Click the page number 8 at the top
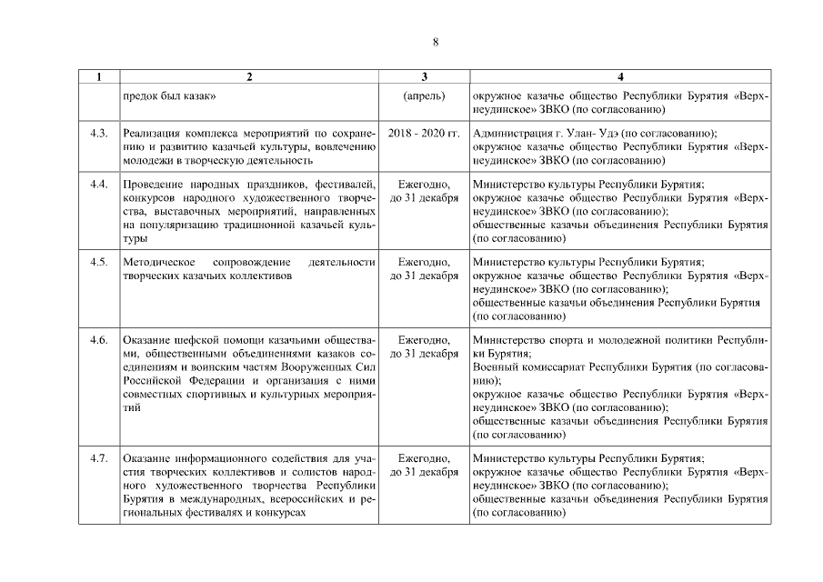435,42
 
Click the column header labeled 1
99,76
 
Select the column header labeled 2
250,76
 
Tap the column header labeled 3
424,76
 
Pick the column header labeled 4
620,76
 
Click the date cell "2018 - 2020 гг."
424,133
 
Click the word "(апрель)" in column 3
424,94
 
